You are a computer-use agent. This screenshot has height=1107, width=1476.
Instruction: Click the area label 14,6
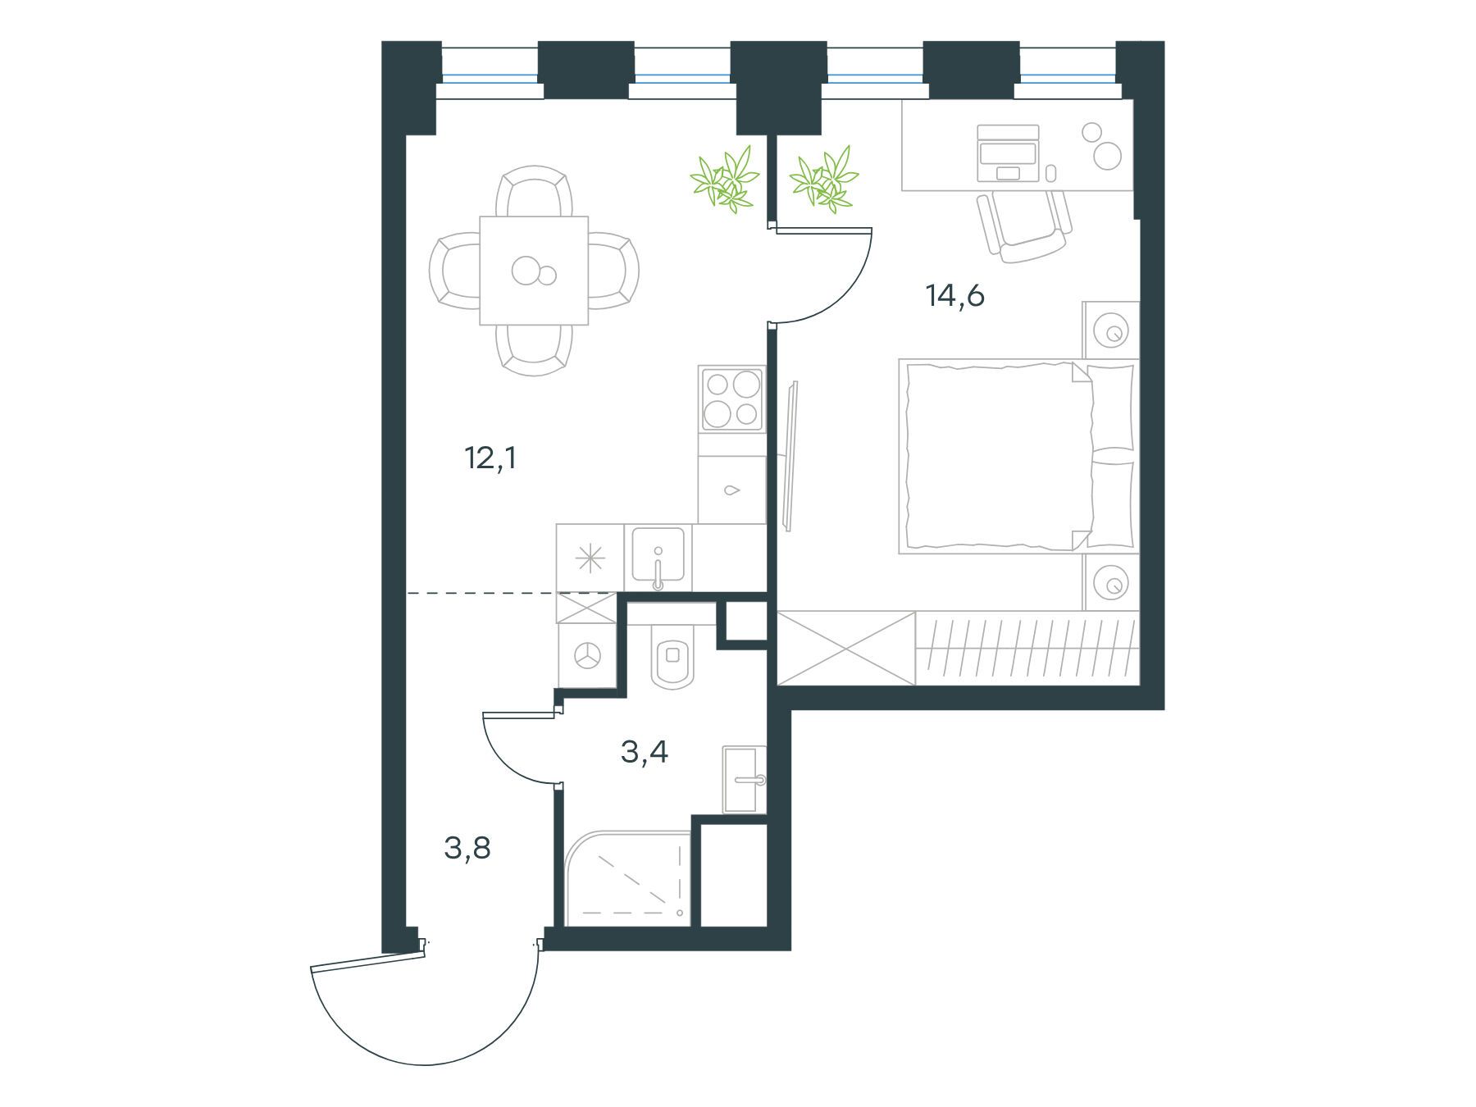pyautogui.click(x=954, y=295)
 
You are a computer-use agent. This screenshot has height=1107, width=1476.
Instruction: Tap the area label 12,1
pyautogui.click(x=490, y=458)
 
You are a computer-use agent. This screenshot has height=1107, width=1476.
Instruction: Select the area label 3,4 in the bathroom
pyautogui.click(x=645, y=751)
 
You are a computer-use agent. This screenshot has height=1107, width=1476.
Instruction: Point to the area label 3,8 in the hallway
pyautogui.click(x=467, y=848)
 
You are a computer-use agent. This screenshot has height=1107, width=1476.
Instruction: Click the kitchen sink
pyautogui.click(x=658, y=558)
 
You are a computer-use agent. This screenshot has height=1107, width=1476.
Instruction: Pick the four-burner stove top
pyautogui.click(x=731, y=399)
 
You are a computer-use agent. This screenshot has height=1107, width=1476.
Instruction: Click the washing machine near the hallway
pyautogui.click(x=587, y=655)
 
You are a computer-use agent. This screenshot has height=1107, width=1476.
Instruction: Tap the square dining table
pyautogui.click(x=534, y=271)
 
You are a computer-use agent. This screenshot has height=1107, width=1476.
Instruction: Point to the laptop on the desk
pyautogui.click(x=1009, y=153)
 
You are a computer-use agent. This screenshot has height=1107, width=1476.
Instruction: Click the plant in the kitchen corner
pyautogui.click(x=722, y=178)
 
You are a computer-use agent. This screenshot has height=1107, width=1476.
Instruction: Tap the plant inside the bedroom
pyautogui.click(x=823, y=178)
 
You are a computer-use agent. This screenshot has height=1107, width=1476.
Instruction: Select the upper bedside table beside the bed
pyautogui.click(x=1111, y=330)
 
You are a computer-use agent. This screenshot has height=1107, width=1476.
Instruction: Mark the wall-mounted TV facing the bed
pyautogui.click(x=790, y=456)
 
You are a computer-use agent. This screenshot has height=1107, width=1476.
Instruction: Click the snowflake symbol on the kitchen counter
pyautogui.click(x=590, y=558)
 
